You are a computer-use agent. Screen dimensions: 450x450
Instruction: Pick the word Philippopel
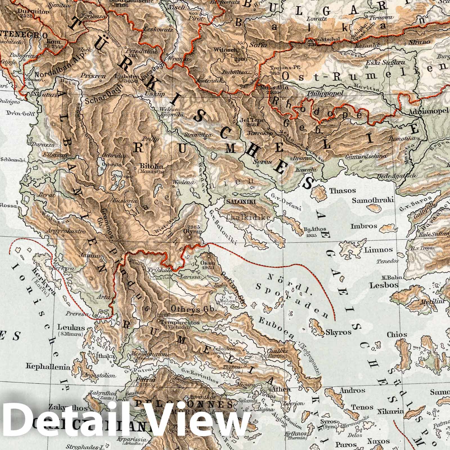pyautogui.click(x=326, y=93)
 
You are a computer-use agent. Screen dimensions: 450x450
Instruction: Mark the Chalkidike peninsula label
pyautogui.click(x=248, y=217)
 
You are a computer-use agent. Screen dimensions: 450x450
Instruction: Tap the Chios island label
pyautogui.click(x=397, y=335)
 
